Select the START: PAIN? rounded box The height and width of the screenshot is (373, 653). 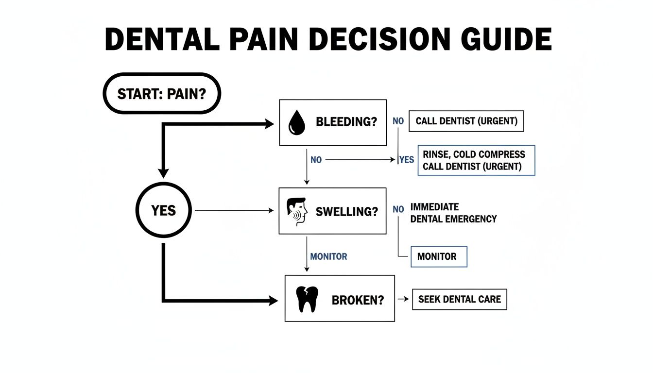point(162,93)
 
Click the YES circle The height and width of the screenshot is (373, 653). point(163,210)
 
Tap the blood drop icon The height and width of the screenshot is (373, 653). point(296,122)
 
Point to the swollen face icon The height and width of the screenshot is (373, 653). point(296,211)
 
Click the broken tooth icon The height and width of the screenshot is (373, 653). point(306,300)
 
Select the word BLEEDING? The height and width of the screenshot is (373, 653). point(346,122)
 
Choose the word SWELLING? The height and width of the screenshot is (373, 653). point(346,211)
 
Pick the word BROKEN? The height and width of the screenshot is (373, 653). point(358,300)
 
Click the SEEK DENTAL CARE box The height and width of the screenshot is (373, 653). point(459,300)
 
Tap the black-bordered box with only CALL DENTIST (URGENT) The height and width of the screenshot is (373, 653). point(466,121)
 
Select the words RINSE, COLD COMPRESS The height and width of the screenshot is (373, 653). point(474,154)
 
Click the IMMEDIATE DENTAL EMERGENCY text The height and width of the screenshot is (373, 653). point(453,213)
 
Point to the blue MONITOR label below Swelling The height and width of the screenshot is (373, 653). point(328,256)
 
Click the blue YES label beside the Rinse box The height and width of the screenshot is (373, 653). point(406,159)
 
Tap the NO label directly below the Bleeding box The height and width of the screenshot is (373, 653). point(316,159)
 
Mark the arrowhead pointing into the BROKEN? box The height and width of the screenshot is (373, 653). point(273,301)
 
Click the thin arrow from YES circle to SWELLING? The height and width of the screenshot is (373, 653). point(233,210)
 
